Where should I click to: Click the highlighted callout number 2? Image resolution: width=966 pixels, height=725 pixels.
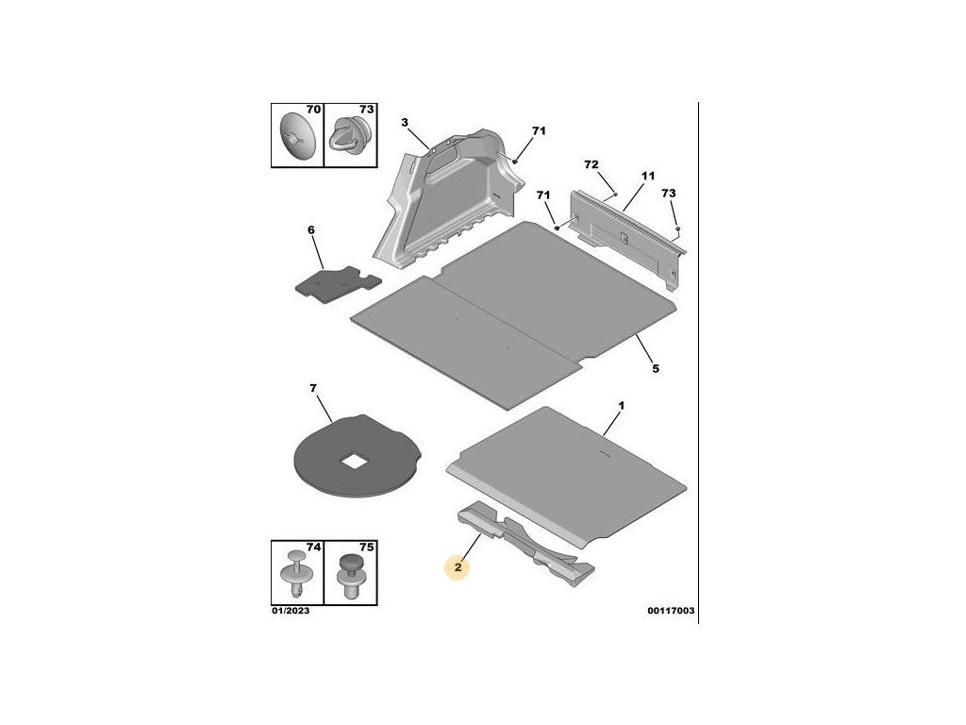tap(458, 567)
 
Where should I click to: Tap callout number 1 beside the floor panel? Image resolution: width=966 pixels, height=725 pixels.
tap(621, 406)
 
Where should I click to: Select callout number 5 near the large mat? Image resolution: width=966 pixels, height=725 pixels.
tap(655, 368)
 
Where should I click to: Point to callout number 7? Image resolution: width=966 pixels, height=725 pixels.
tap(313, 388)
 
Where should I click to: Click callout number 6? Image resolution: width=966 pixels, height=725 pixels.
tap(310, 229)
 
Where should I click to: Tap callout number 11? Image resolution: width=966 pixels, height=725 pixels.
tap(648, 177)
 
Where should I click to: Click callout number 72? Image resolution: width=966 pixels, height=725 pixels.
tap(591, 164)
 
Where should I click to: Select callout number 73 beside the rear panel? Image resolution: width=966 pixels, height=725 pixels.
tap(668, 193)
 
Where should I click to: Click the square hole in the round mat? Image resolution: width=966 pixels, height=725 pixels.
tap(353, 462)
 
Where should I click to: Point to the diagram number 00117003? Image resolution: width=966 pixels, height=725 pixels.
tap(671, 612)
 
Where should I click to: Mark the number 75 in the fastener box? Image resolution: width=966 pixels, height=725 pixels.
tap(367, 548)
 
